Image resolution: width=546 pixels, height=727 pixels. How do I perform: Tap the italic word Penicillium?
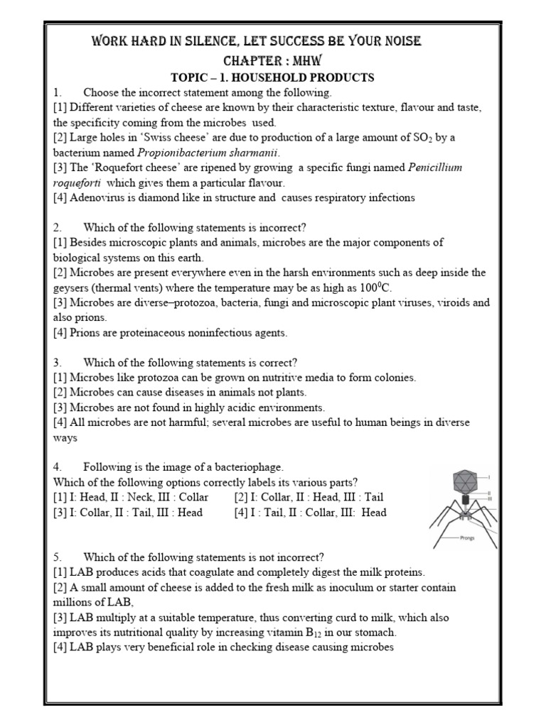[435, 168]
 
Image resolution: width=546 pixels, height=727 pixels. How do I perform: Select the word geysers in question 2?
[74, 288]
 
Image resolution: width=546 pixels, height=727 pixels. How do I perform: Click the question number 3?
[57, 362]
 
